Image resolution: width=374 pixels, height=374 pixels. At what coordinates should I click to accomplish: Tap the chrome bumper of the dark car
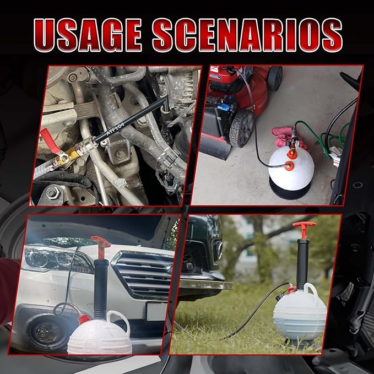coord(204,284)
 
